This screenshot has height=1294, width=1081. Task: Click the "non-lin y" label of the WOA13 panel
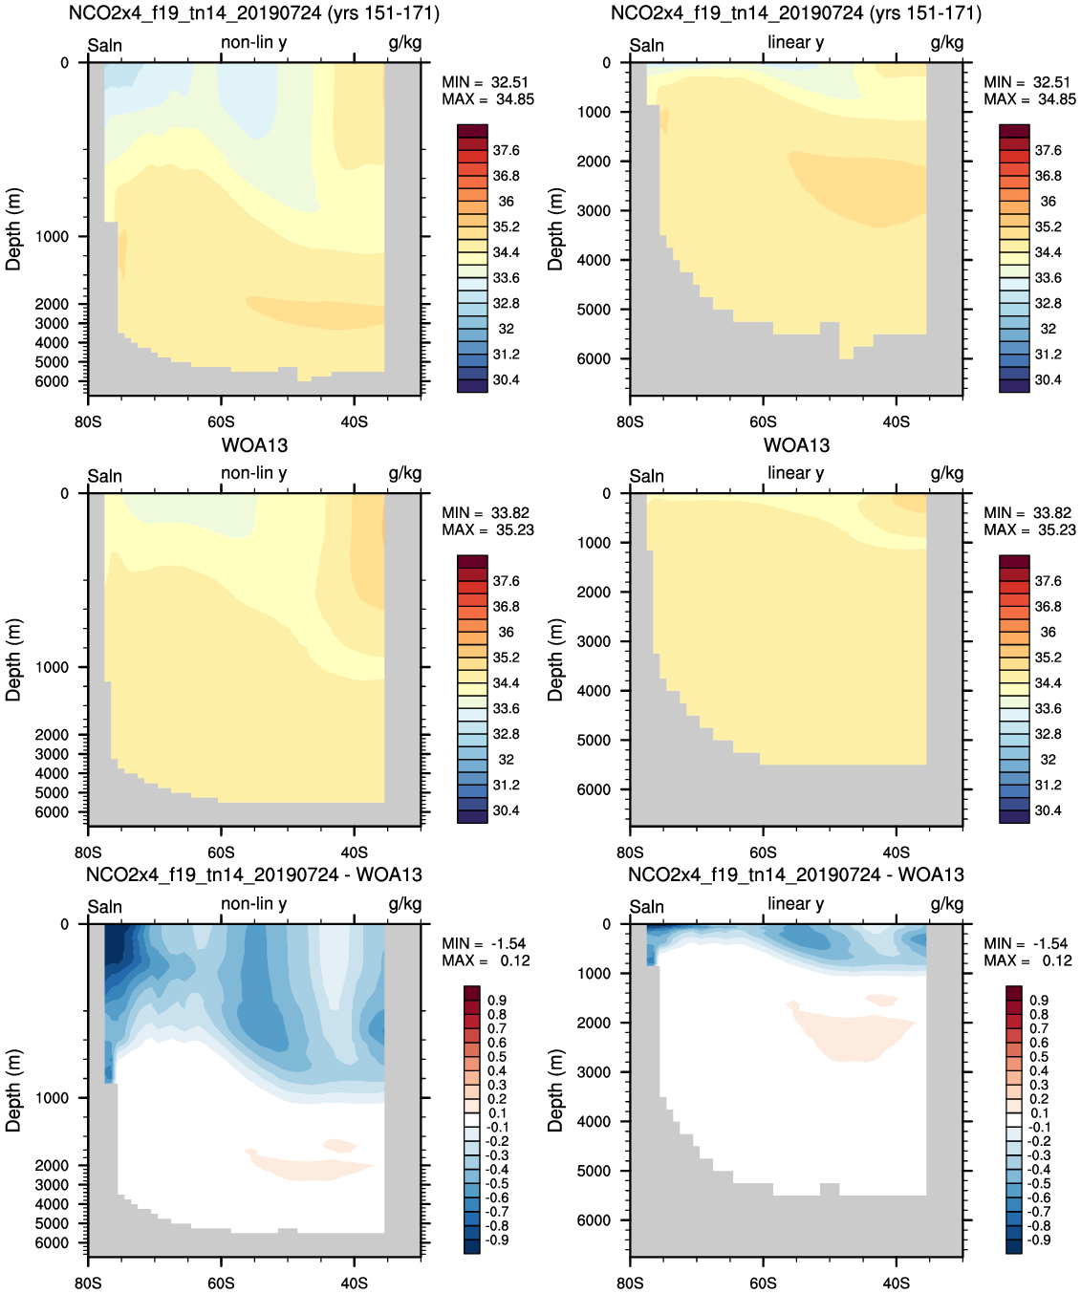[x=253, y=473]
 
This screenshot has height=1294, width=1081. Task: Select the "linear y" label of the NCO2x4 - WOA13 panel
[x=795, y=903]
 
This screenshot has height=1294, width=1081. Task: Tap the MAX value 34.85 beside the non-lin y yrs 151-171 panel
[x=515, y=99]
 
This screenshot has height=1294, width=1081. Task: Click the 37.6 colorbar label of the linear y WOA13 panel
[x=1048, y=581]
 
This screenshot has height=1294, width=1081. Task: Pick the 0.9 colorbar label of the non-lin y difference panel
[x=497, y=1001]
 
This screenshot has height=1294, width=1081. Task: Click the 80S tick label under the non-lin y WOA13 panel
[x=88, y=852]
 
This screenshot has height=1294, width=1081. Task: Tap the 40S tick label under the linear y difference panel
[x=896, y=1283]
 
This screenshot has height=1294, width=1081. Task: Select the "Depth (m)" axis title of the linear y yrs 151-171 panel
[x=555, y=228]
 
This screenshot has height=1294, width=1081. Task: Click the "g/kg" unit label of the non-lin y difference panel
[x=404, y=903]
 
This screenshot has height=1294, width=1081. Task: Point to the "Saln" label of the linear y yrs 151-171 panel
[x=646, y=46]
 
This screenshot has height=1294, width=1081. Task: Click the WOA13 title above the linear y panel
[x=796, y=445]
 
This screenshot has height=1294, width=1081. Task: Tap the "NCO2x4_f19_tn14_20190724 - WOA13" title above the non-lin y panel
[x=253, y=874]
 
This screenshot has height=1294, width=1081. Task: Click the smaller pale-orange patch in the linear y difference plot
[x=880, y=1001]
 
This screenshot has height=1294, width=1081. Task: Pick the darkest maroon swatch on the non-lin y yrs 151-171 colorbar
[x=472, y=131]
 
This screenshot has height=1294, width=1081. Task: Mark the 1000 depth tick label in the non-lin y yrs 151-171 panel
[x=52, y=237]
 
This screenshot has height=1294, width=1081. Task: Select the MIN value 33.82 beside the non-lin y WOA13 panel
[x=510, y=513]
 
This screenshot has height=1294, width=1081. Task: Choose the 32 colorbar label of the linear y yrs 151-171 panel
[x=1048, y=329]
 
